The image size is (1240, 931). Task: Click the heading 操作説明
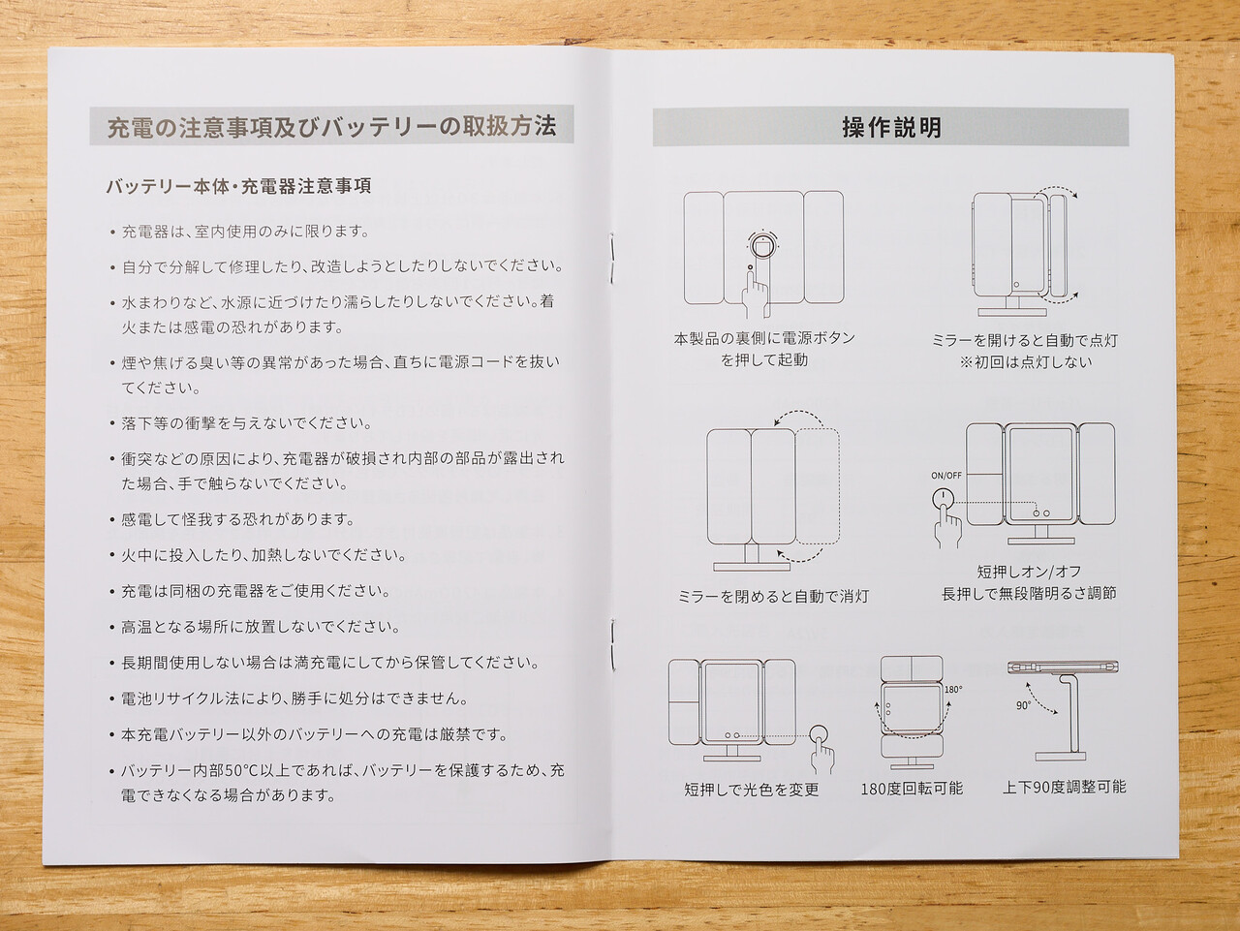pyautogui.click(x=891, y=128)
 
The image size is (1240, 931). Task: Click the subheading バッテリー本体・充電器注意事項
pyautogui.click(x=239, y=186)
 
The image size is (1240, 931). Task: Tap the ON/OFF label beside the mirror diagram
pyautogui.click(x=946, y=476)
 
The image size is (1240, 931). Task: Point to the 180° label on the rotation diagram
pyautogui.click(x=953, y=689)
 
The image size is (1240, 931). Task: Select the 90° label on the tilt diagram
pyautogui.click(x=1024, y=705)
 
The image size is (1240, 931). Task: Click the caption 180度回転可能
pyautogui.click(x=912, y=788)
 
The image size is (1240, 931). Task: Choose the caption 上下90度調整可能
pyautogui.click(x=1065, y=787)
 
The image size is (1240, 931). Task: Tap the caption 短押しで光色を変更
pyautogui.click(x=752, y=790)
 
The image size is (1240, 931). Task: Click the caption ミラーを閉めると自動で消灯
pyautogui.click(x=773, y=597)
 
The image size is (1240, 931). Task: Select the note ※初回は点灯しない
pyautogui.click(x=1025, y=362)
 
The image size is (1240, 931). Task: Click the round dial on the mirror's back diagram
pyautogui.click(x=762, y=246)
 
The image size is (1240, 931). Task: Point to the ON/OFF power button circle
pyautogui.click(x=943, y=499)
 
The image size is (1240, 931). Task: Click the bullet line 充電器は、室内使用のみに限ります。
pyautogui.click(x=246, y=232)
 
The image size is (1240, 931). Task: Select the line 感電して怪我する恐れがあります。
pyautogui.click(x=238, y=519)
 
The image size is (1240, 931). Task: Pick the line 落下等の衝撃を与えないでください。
pyautogui.click(x=247, y=423)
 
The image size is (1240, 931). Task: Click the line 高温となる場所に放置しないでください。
pyautogui.click(x=261, y=627)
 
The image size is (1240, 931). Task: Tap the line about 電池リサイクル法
pyautogui.click(x=294, y=698)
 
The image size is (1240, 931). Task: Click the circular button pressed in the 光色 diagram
pyautogui.click(x=820, y=735)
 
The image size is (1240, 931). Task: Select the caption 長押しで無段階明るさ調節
pyautogui.click(x=1029, y=594)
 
